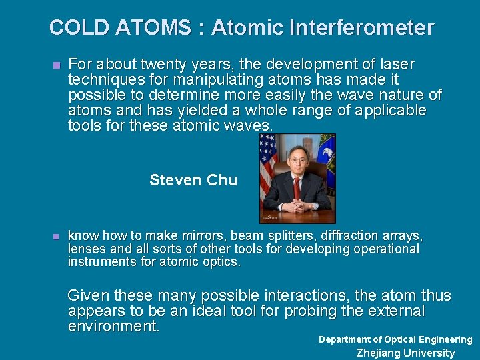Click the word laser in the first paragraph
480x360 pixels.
tap(395, 65)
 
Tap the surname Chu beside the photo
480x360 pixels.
tap(222, 180)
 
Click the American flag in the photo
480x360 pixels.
tap(267, 160)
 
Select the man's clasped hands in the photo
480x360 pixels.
tap(297, 206)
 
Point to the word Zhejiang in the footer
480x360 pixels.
tap(379, 353)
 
